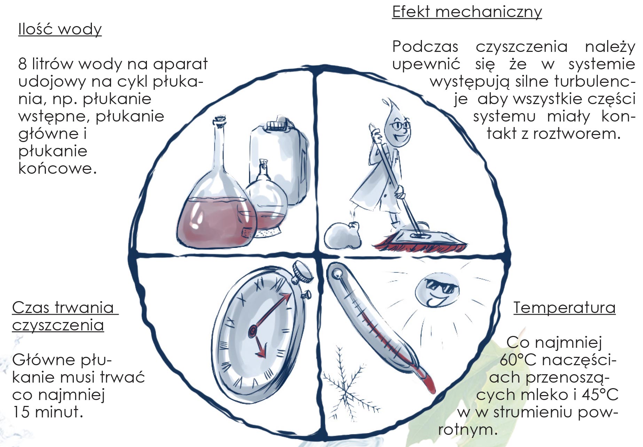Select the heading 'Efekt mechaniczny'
pyautogui.click(x=467, y=12)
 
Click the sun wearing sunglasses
pyautogui.click(x=437, y=291)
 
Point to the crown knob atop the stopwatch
pyautogui.click(x=303, y=271)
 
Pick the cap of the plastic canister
pyautogui.click(x=278, y=124)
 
